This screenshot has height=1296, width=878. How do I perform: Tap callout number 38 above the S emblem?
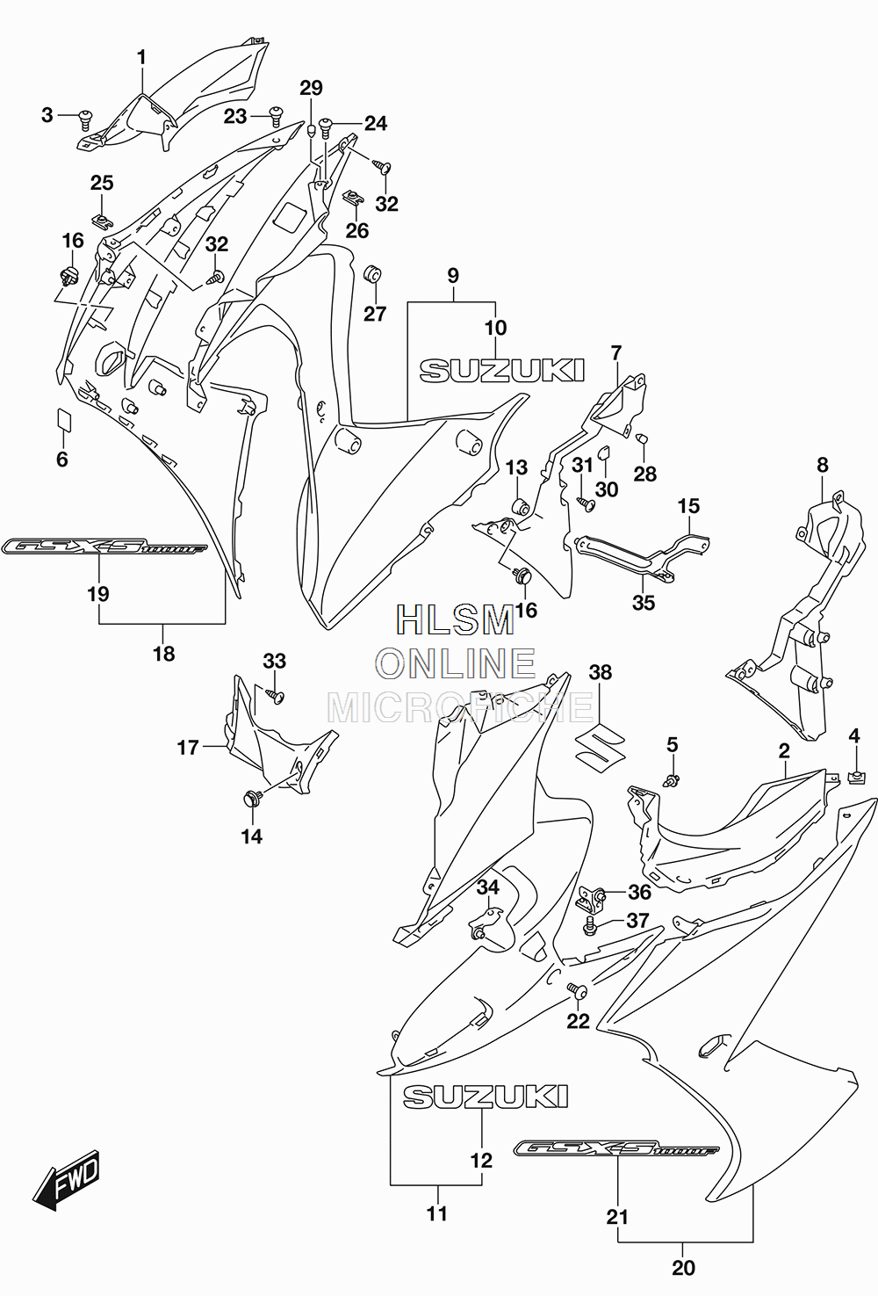[x=601, y=672]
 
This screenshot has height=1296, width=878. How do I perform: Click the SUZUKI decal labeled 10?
[x=501, y=370]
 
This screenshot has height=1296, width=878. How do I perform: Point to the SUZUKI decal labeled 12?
[x=486, y=1096]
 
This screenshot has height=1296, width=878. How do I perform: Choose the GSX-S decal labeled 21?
[x=616, y=1148]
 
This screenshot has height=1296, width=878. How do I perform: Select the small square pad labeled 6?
[x=63, y=419]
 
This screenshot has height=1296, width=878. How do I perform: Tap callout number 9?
[x=453, y=276]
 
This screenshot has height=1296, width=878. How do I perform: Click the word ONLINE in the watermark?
[x=456, y=663]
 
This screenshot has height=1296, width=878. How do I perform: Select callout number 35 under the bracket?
[x=644, y=603]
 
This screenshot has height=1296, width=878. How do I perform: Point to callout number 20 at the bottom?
[x=683, y=1268]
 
